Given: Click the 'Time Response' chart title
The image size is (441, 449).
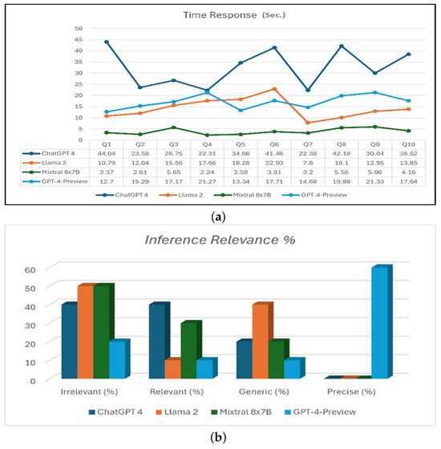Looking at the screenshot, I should pos(219,14).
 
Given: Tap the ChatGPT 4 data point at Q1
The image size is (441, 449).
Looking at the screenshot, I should pos(107,42).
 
